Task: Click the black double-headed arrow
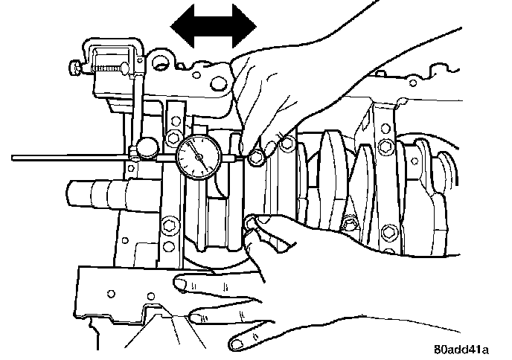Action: [214, 27]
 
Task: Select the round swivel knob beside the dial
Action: [146, 145]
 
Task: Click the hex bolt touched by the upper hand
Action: [258, 157]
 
